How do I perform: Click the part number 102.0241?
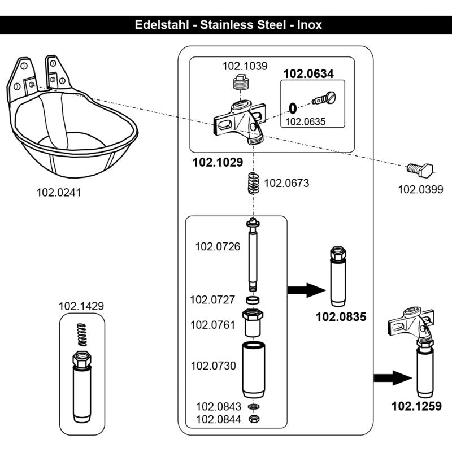59,193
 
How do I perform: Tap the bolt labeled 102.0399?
420,170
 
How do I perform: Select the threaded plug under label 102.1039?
241,82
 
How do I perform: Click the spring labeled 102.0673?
253,183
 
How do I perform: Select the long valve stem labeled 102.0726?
253,255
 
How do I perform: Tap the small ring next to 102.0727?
253,300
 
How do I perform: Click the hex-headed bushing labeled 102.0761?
253,323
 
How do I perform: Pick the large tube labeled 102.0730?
253,370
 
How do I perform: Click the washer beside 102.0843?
253,406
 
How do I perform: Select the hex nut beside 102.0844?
254,419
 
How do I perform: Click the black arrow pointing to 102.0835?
307,290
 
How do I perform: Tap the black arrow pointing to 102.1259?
393,378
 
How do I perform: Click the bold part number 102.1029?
218,162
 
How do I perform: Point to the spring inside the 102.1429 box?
82,334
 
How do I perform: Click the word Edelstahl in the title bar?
162,25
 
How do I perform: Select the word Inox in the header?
309,25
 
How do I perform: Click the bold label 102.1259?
416,406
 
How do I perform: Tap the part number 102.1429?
81,306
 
